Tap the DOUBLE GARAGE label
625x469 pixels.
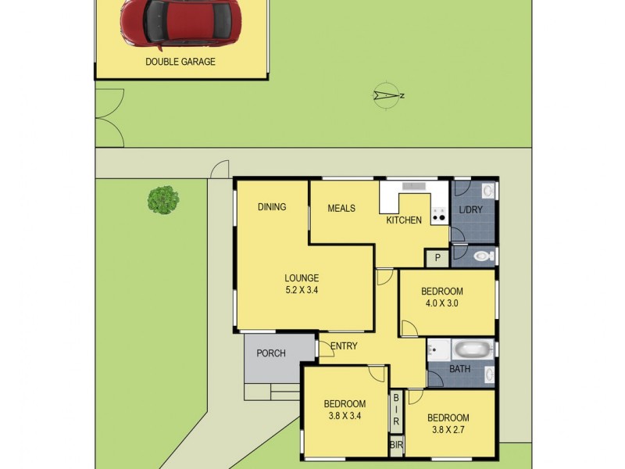tap(180, 62)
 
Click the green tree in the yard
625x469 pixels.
tap(163, 199)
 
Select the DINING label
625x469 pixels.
tap(272, 207)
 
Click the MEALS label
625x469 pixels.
tap(341, 209)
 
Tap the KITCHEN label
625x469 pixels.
tap(404, 220)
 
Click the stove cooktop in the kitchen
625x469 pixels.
tap(440, 215)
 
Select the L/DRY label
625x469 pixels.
tap(471, 210)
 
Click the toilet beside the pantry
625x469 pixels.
tap(483, 256)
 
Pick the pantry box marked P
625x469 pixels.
tap(437, 257)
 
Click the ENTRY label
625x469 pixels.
tap(344, 346)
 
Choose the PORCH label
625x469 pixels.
tap(271, 353)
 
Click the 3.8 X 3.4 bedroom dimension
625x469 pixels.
tap(345, 417)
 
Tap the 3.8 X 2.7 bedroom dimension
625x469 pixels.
tap(448, 429)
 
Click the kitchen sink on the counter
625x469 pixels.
tap(414, 186)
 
